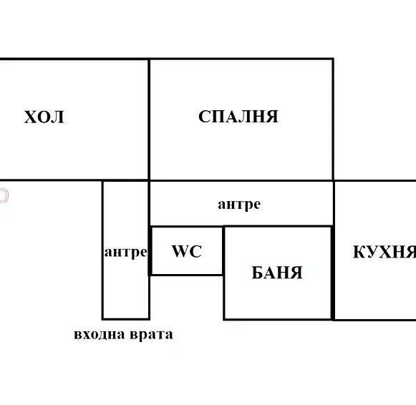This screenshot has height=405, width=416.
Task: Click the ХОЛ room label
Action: coord(44,117)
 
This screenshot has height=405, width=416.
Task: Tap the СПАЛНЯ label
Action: coord(238,117)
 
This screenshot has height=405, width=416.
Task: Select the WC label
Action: coord(187,251)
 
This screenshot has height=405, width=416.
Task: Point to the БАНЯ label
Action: coord(277,273)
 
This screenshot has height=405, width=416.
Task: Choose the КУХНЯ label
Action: coord(384,252)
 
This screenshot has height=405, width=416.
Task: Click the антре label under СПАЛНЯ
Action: coord(239,205)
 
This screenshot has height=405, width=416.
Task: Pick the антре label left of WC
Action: coord(126,252)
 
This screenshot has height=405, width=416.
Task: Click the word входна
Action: coord(100,334)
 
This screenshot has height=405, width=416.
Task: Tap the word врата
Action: coord(152,335)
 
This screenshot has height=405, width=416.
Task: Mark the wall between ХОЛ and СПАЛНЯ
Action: coord(149,119)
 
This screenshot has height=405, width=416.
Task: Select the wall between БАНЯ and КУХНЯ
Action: coord(333,273)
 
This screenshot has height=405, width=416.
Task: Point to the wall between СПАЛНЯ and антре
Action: coord(241,181)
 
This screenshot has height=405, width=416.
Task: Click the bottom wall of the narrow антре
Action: coord(126,319)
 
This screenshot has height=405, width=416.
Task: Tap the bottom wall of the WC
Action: coord(186,275)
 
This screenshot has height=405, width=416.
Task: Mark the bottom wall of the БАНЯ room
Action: coord(278,319)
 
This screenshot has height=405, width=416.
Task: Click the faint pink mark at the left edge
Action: coord(4,195)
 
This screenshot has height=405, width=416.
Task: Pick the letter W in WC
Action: coord(179,251)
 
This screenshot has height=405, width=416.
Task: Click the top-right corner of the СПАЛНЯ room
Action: coord(333,59)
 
